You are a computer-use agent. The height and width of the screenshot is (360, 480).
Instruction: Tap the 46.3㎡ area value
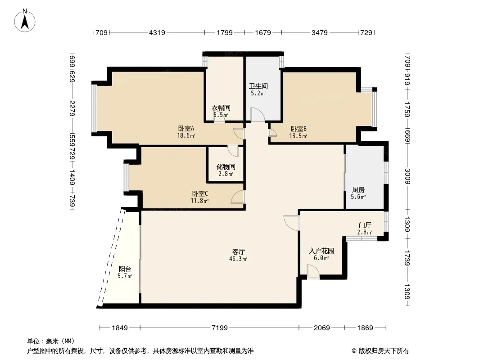click(x=238, y=259)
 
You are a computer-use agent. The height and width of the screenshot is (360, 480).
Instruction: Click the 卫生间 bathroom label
click(x=258, y=86)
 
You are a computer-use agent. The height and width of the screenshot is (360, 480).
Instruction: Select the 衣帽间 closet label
click(x=221, y=108)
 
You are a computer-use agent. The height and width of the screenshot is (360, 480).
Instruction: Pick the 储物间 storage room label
click(x=226, y=166)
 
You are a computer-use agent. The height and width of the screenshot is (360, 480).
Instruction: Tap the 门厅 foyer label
click(x=365, y=225)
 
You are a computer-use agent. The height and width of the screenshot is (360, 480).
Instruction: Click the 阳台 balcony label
click(x=125, y=269)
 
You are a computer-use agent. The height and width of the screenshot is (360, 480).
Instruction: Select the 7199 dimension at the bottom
click(x=219, y=328)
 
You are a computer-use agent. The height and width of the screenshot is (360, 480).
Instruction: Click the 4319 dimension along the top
click(x=157, y=32)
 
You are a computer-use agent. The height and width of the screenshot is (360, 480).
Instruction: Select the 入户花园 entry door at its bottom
click(x=313, y=272)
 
